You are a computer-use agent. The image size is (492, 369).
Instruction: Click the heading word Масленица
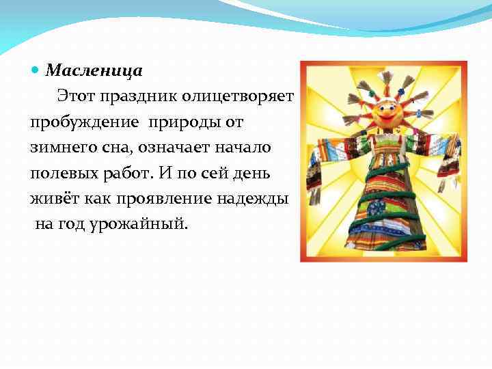[94, 70]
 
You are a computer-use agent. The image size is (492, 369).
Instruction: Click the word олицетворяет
[238, 96]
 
